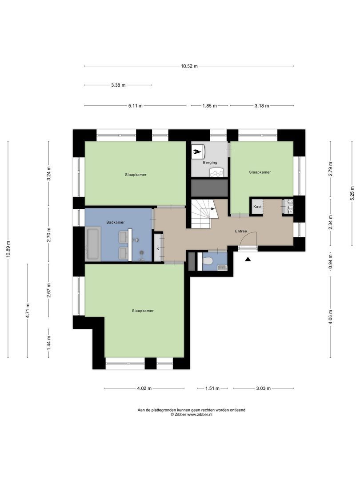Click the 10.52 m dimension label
[189, 66]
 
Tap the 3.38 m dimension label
[118, 85]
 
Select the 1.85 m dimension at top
[209, 106]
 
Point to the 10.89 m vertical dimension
[8, 248]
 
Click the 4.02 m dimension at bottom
[144, 388]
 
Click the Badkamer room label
[115, 222]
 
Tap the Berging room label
[210, 163]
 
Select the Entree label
[241, 232]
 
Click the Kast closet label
[257, 207]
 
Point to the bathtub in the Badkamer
[93, 243]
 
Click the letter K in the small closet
[157, 249]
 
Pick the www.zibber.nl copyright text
[192, 414]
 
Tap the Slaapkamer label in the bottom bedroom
[143, 311]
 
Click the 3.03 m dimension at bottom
[264, 388]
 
